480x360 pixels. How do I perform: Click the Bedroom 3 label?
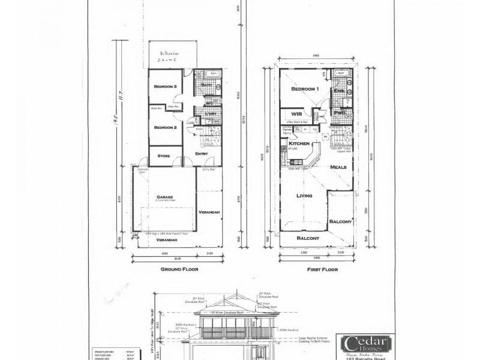coord(165,87)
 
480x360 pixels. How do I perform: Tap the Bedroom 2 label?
coord(165,128)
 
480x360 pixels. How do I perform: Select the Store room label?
coord(164,156)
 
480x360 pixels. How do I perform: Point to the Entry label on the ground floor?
coord(202,154)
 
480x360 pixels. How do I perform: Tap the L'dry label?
coord(210,114)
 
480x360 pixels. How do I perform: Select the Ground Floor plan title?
coord(179,269)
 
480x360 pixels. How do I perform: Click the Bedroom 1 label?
coord(304,89)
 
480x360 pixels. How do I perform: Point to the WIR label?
coord(296,113)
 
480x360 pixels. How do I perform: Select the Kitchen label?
coord(299,144)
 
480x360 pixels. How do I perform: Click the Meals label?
coord(339,167)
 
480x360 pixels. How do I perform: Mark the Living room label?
coord(306,196)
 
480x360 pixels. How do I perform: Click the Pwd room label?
coord(339,112)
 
